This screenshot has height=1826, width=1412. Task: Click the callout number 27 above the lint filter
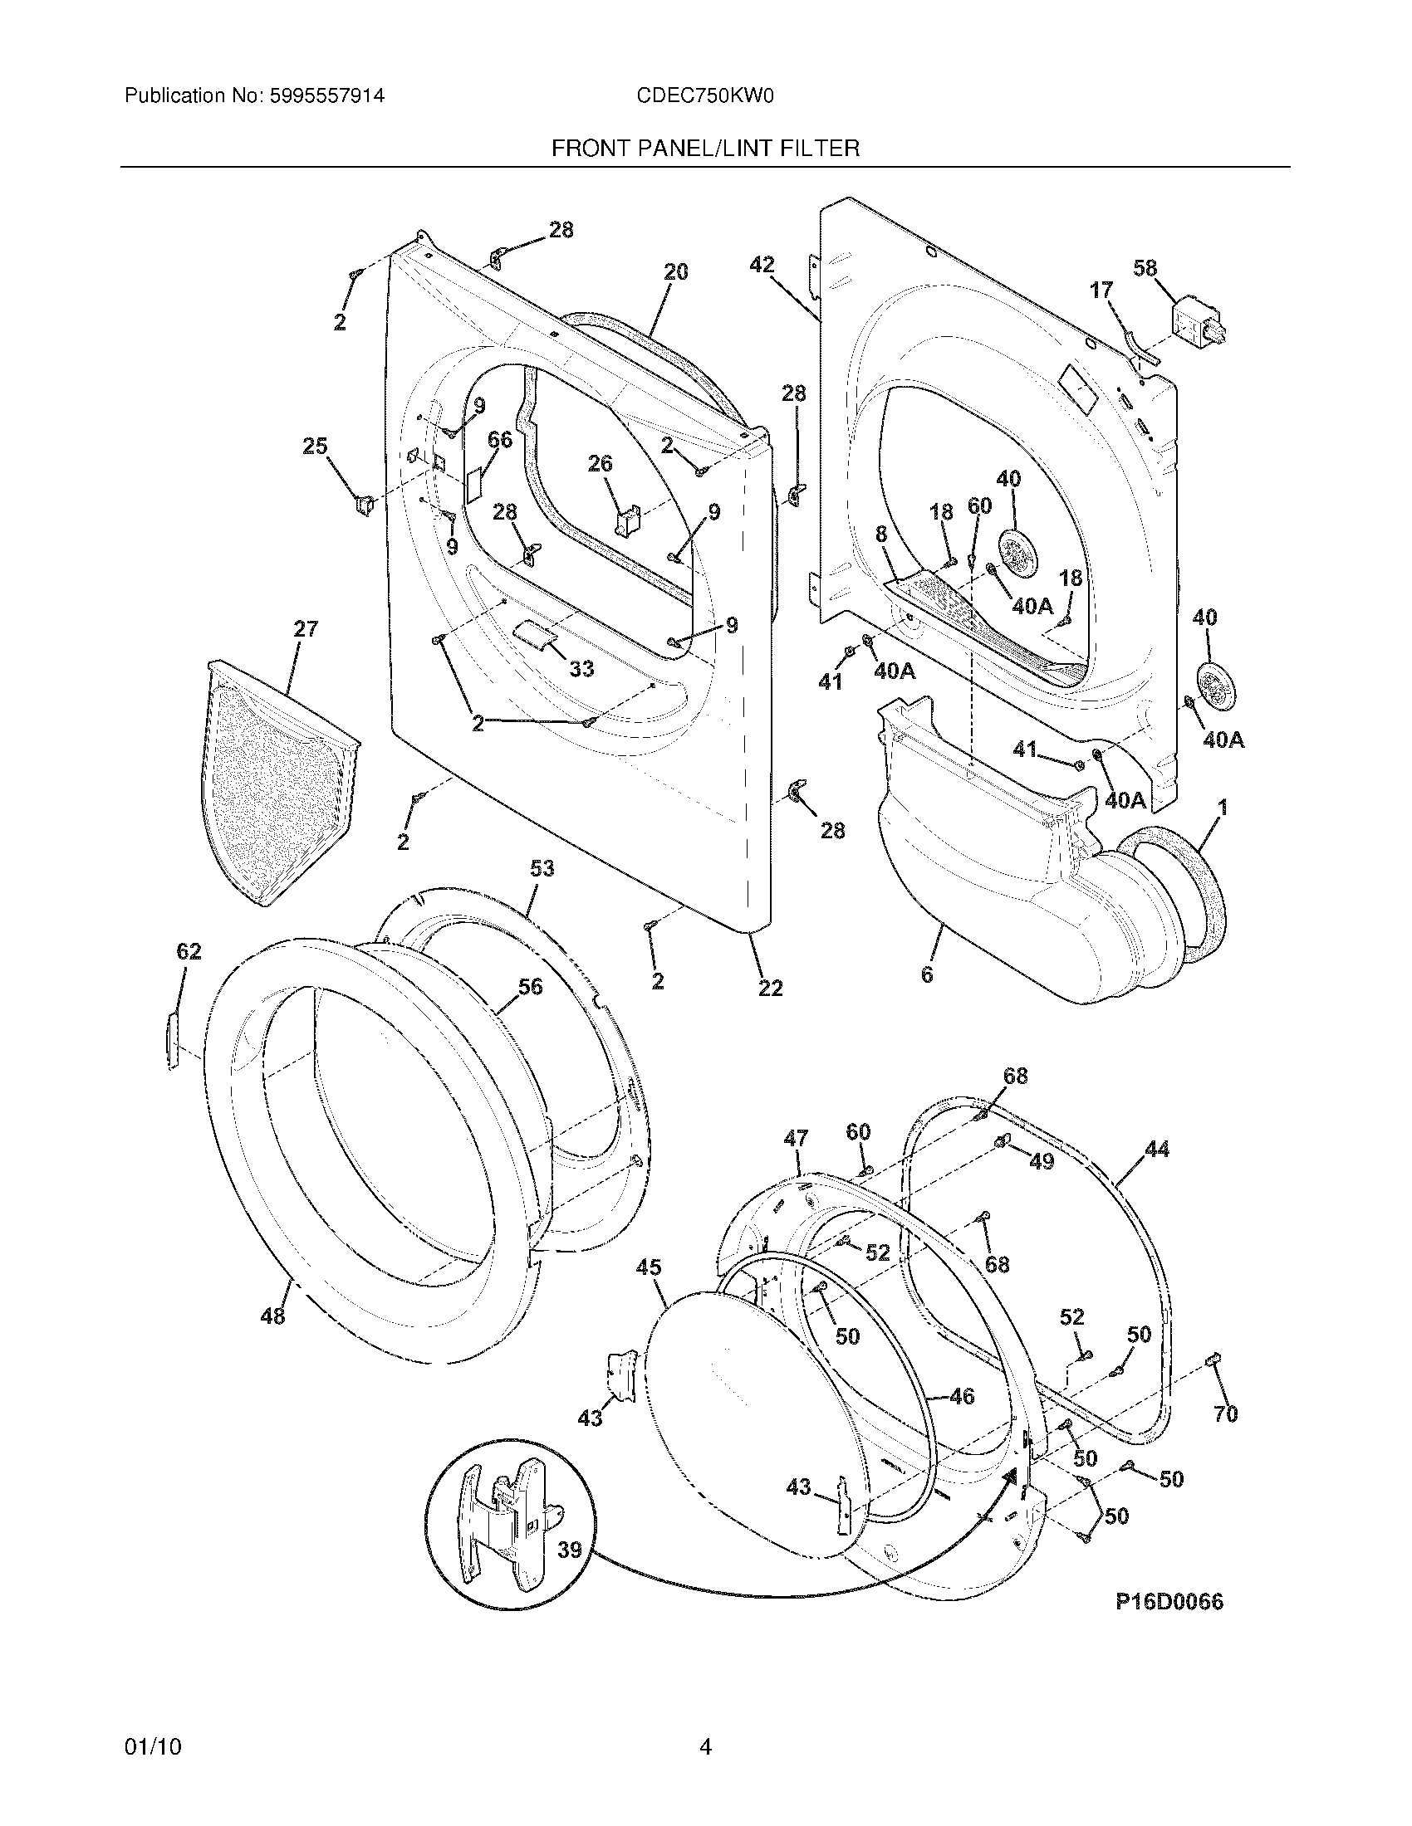click(306, 628)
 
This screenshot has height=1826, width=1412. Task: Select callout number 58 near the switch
click(1145, 268)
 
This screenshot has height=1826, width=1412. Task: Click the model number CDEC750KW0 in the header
click(704, 96)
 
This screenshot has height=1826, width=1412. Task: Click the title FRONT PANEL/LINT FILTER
click(705, 149)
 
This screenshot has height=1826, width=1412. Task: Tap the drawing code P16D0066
click(1169, 1601)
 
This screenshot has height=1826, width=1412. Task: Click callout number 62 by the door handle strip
click(189, 951)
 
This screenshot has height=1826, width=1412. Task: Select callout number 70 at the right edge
click(1225, 1413)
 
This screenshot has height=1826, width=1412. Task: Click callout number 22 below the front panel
click(770, 989)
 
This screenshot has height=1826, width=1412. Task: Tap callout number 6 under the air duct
click(926, 974)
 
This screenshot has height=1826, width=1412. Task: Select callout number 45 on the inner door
click(649, 1267)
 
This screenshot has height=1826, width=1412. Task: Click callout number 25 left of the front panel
click(315, 447)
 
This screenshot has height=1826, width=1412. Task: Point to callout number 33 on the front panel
click(581, 669)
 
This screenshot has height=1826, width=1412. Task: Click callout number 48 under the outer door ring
click(272, 1316)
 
